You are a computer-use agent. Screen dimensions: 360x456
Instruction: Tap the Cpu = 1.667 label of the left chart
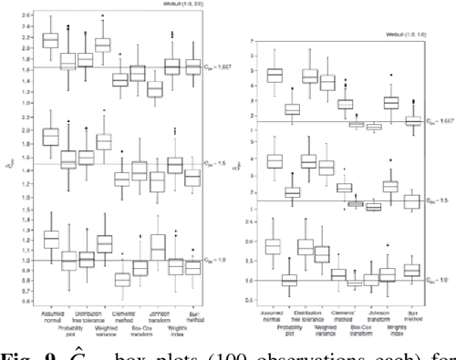227,66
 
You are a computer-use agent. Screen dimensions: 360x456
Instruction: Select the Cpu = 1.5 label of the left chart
225,165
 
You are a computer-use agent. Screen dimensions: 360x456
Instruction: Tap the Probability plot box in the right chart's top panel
293,109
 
